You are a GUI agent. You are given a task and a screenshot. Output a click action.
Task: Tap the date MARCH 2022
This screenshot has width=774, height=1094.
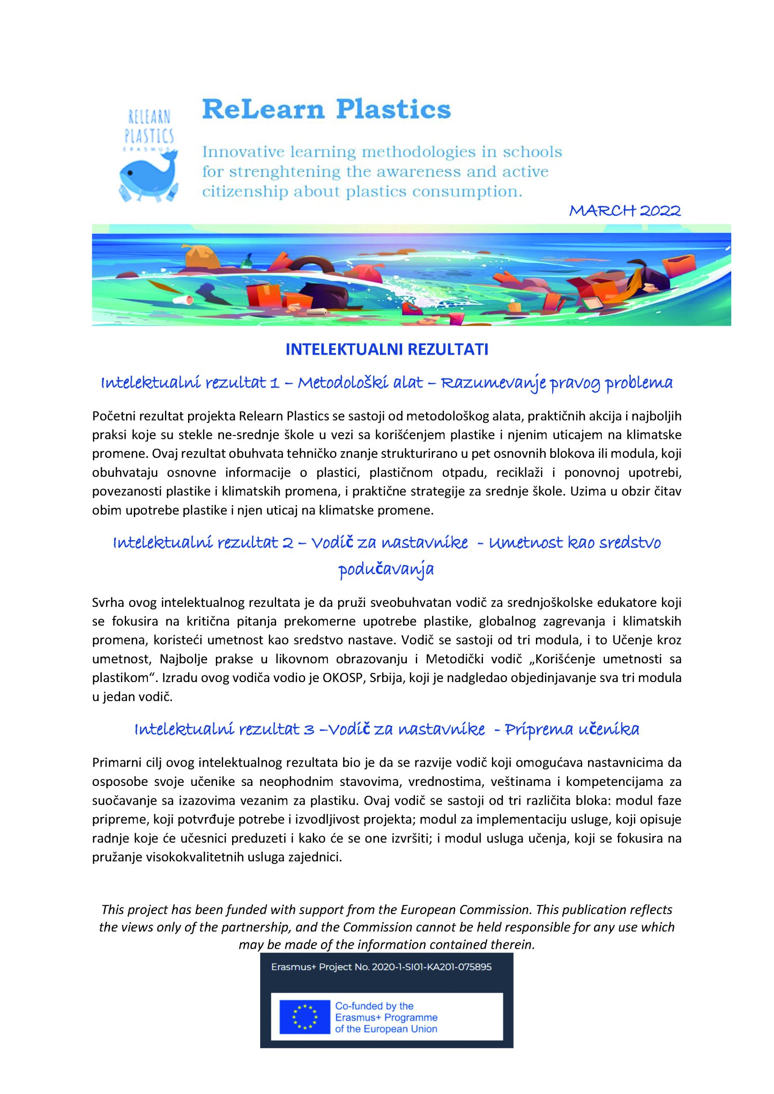point(625,211)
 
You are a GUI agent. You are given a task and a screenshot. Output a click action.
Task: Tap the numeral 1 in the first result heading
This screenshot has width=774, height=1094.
point(274,382)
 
